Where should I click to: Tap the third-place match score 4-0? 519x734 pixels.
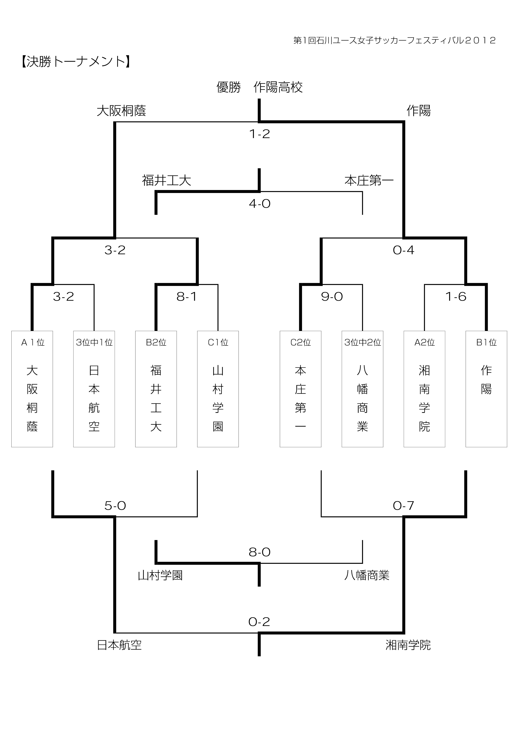coord(259,204)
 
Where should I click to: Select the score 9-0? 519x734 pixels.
coord(332,297)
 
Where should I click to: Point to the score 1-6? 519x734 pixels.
coord(456,297)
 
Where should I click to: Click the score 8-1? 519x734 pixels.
coord(187,297)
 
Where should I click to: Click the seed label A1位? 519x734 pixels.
coord(33,342)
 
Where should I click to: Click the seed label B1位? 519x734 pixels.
coord(486,342)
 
